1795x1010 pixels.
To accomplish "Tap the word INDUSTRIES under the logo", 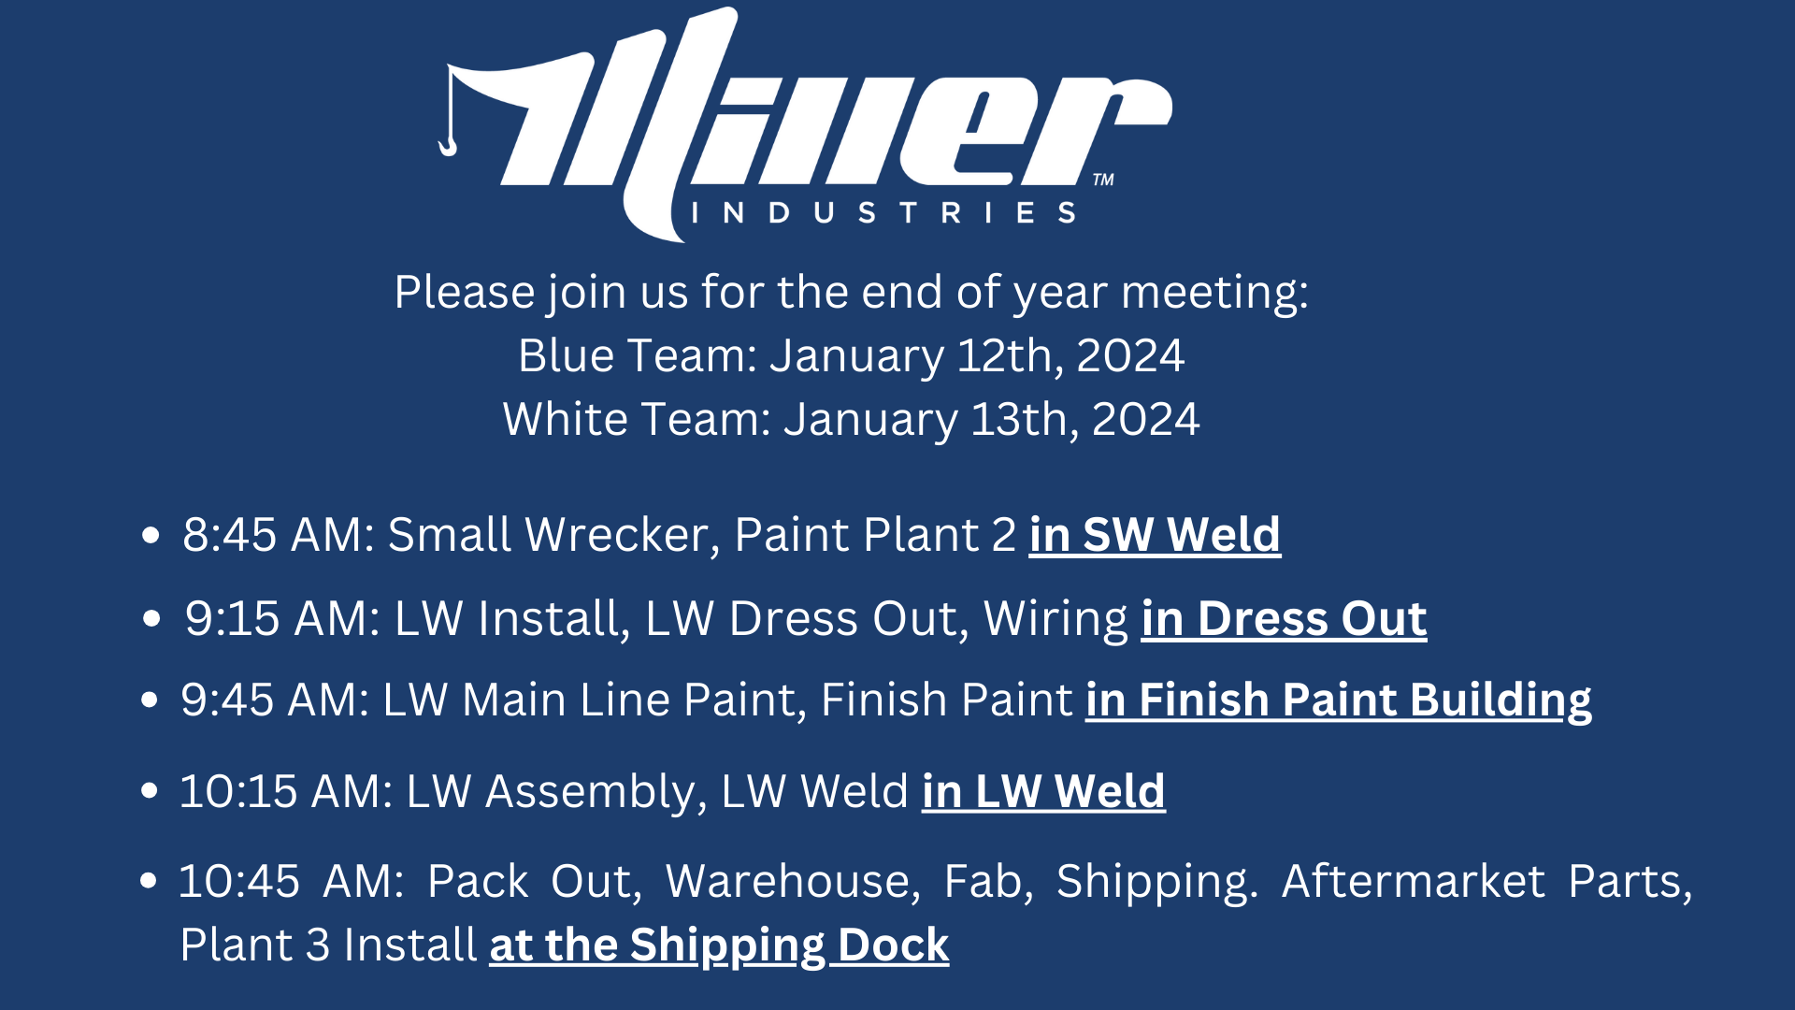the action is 883,213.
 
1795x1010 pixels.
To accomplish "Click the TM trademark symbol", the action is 1103,180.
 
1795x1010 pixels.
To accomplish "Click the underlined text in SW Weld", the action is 1155,536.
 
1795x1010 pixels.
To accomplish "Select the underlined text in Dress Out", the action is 1285,619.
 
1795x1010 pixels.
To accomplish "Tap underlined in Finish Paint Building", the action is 1339,701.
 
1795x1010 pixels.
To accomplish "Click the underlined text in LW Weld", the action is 1043,792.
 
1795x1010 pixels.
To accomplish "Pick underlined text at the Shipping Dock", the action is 719,945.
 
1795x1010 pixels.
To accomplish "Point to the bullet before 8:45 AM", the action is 151,536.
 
